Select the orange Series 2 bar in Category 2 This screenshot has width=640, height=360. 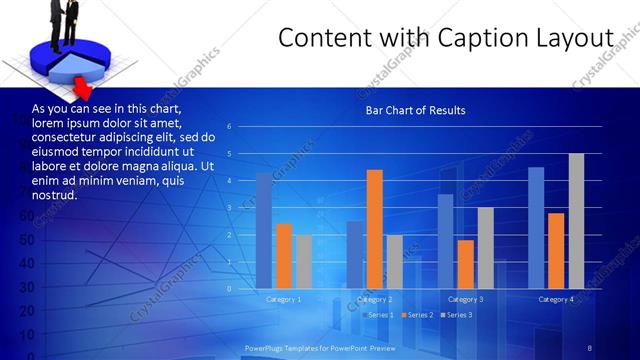(375, 230)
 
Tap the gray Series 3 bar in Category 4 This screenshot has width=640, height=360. (576, 221)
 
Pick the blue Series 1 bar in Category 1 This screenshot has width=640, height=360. (264, 231)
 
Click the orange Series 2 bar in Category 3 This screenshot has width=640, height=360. (465, 264)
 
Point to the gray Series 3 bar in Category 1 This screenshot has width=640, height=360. (304, 262)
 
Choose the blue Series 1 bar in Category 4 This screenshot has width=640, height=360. (536, 228)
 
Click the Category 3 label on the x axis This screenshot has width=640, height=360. (465, 299)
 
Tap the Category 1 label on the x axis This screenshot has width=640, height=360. (284, 299)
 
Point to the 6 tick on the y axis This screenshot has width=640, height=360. (230, 127)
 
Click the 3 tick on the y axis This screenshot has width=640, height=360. (230, 208)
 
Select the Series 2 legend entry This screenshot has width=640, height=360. (419, 315)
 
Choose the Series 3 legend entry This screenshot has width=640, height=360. (459, 315)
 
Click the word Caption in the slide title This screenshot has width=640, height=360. (469, 38)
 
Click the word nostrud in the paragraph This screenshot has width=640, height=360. (54, 195)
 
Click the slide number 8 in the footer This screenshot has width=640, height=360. (590, 347)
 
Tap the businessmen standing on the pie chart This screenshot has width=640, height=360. (62, 22)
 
